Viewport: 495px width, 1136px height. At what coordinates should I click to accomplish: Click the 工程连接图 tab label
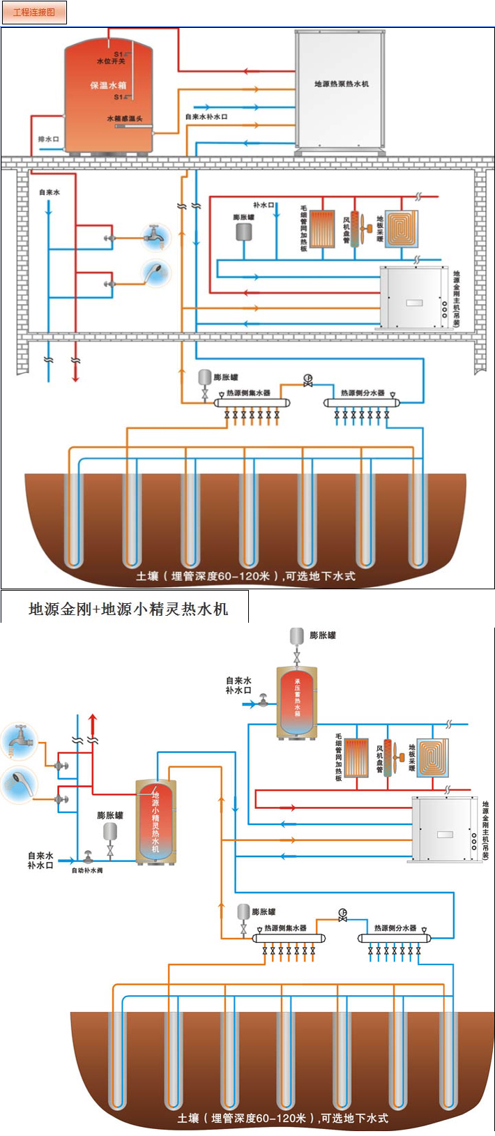pyautogui.click(x=34, y=13)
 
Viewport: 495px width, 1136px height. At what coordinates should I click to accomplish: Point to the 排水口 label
pyautogui.click(x=48, y=139)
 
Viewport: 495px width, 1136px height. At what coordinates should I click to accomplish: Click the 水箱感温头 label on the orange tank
pyautogui.click(x=125, y=119)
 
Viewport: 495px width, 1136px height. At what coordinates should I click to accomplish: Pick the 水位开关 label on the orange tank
pyautogui.click(x=111, y=61)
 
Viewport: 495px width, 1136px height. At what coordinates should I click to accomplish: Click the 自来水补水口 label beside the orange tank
pyautogui.click(x=206, y=116)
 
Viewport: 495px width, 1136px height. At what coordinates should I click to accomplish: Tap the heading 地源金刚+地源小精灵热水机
pyautogui.click(x=128, y=609)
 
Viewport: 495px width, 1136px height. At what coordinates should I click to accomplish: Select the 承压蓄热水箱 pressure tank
pyautogui.click(x=297, y=701)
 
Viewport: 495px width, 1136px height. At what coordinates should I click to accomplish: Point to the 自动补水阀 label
pyautogui.click(x=87, y=870)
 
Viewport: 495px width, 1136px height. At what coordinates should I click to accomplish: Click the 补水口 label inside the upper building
pyautogui.click(x=264, y=205)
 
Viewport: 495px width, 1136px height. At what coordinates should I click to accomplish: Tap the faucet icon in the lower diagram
pyautogui.click(x=20, y=740)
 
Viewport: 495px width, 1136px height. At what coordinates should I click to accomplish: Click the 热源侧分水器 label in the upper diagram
pyautogui.click(x=363, y=393)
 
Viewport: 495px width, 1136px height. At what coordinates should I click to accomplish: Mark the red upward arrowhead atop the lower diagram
pyautogui.click(x=93, y=719)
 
